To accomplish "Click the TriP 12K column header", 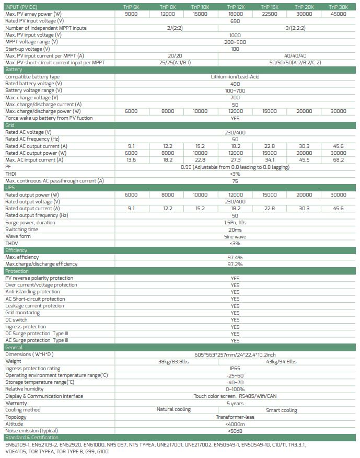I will pos(235,7).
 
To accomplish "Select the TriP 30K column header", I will pos(338,7).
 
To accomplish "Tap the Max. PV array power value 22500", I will pos(269,14).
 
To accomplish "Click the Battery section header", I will pos(14,70).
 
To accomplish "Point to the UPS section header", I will pos(10,187).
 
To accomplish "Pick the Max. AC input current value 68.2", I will pos(338,160).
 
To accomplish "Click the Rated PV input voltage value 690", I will pos(235,21).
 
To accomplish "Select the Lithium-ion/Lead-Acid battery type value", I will pos(235,77).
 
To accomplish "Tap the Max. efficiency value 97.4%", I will pos(235,257).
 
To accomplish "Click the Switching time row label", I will pos(21,230).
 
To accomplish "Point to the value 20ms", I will pos(235,230).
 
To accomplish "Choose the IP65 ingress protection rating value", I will pos(235,369).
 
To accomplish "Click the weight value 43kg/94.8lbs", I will pos(281,361).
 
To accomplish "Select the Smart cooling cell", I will pos(281,410).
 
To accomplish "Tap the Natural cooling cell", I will pos(173,410).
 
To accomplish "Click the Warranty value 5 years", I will pos(235,403).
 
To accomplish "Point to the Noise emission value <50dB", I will pos(235,431).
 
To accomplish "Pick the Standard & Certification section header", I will pos(32,438).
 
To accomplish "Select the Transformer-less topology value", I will pos(235,417).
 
